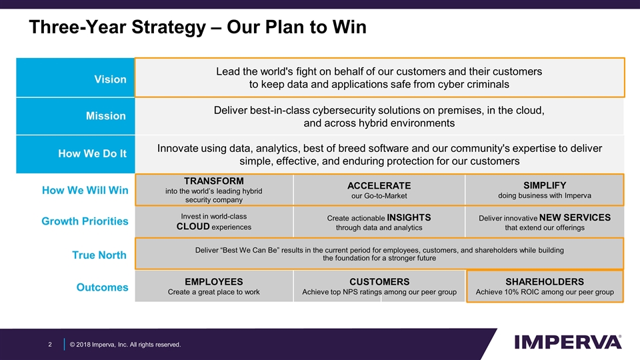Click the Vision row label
[110, 79]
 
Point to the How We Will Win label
[85, 191]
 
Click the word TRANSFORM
[213, 181]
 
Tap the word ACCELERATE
[379, 185]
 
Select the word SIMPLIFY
[545, 185]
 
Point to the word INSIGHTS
[409, 218]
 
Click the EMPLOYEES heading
[213, 281]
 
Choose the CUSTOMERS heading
[379, 281]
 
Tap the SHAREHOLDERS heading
[545, 281]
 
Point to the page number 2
[50, 344]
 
